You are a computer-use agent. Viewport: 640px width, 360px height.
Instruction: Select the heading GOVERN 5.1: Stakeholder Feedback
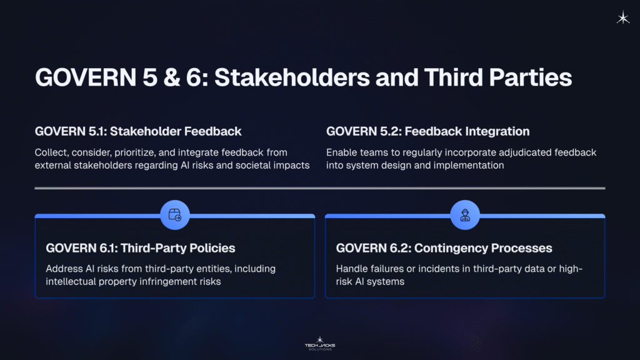[138, 131]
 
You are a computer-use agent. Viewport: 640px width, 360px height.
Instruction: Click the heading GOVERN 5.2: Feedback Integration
[427, 131]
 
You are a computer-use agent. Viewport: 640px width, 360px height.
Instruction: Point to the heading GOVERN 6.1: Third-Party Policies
[141, 248]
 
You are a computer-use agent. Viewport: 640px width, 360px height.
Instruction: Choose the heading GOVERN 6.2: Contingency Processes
[444, 248]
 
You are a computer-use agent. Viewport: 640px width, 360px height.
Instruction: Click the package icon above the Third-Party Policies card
[174, 216]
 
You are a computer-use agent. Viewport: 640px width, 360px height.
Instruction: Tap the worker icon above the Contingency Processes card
[464, 216]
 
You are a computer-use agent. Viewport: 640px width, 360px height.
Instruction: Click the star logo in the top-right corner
[623, 18]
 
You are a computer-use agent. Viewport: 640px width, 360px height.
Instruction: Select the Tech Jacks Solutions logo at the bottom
[319, 343]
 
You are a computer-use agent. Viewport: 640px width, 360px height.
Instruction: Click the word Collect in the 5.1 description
[51, 152]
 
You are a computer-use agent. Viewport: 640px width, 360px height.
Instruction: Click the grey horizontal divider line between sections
[319, 188]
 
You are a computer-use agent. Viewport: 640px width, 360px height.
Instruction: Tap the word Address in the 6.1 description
[64, 269]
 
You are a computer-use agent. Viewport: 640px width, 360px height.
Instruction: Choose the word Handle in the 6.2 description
[352, 269]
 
